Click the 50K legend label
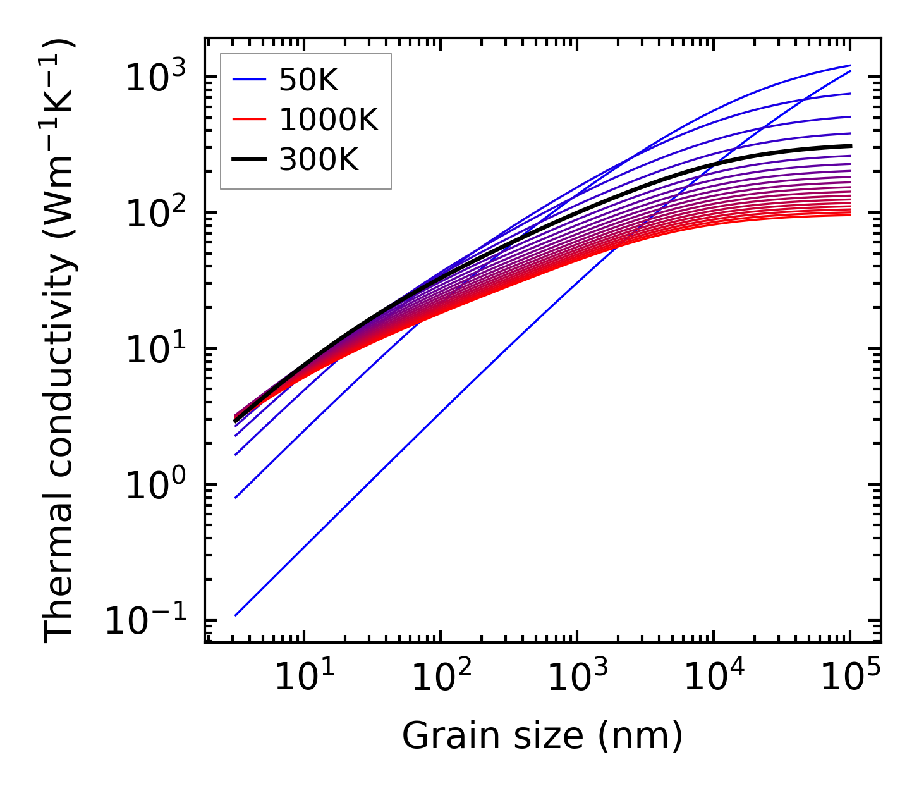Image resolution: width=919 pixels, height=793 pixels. point(309,80)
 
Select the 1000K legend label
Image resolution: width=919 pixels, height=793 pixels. point(329,120)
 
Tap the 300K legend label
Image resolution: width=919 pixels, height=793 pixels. point(319,160)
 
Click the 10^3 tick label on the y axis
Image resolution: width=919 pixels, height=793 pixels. point(155,77)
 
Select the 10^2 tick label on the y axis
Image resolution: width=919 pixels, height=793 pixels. point(155,213)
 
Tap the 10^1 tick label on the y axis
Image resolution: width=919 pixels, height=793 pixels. point(155,349)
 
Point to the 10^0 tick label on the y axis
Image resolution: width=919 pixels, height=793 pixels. point(155,485)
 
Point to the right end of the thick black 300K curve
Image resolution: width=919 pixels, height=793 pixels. point(850,146)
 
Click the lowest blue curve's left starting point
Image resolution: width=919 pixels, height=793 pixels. point(235,615)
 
